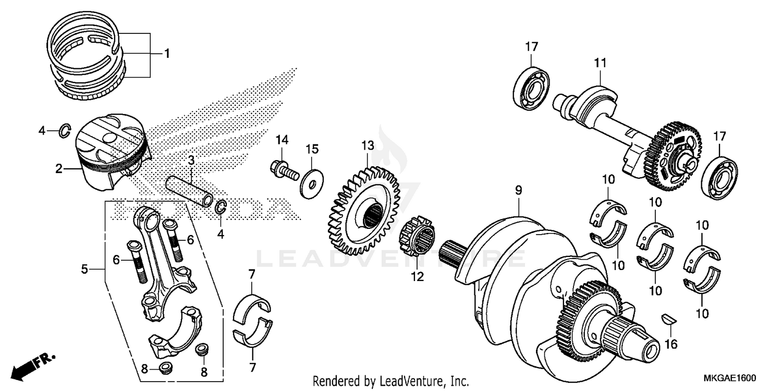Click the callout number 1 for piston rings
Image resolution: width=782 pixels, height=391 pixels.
167,53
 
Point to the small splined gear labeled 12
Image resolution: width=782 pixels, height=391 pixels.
420,238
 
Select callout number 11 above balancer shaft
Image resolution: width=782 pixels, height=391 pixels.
600,63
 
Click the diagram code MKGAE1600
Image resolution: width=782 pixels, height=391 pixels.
731,377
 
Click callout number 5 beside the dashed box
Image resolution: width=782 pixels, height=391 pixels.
84,269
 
